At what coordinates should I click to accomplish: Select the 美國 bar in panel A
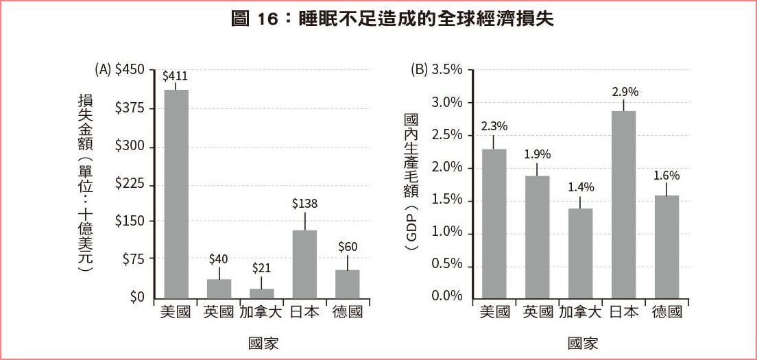point(176,193)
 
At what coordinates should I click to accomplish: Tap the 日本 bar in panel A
point(304,264)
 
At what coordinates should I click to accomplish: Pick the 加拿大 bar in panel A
point(261,293)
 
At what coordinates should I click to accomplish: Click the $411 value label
point(175,76)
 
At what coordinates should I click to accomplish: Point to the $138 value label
point(304,204)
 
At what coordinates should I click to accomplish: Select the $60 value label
point(348,247)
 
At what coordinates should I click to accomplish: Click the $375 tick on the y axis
point(130,108)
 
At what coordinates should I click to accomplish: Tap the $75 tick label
point(133,259)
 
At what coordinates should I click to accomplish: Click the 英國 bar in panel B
point(537,237)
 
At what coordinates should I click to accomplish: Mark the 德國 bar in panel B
point(666,246)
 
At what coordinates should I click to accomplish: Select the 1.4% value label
point(580,187)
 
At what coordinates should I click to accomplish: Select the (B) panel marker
point(418,69)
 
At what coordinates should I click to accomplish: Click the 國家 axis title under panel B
point(582,343)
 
